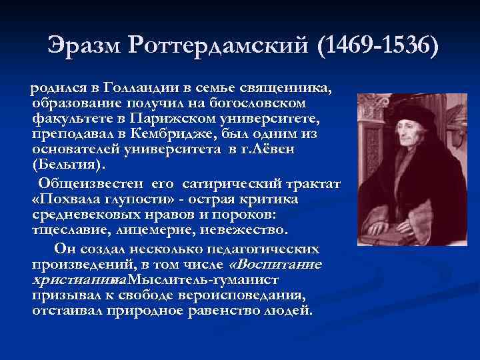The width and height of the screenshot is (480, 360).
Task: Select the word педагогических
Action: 261,249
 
